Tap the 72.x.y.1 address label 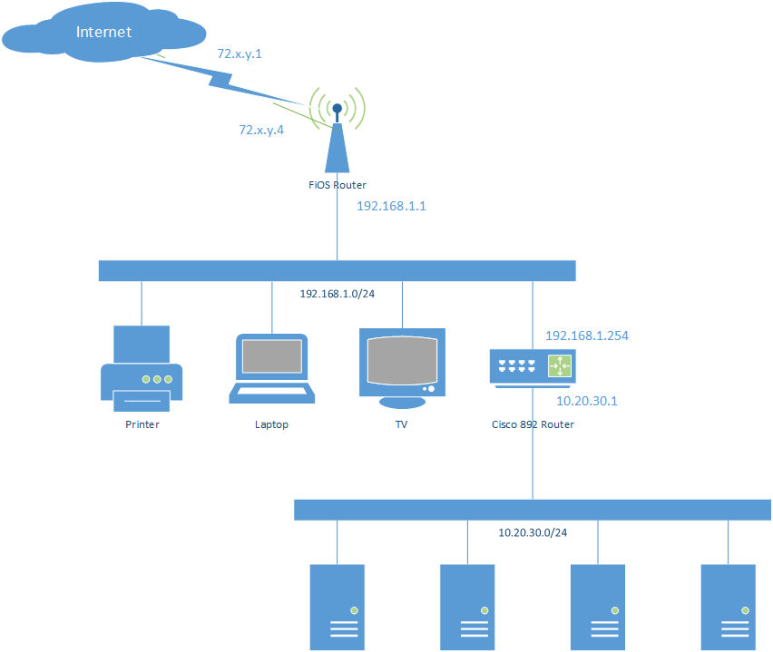240,54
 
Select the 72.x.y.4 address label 261,130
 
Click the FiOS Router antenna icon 338,136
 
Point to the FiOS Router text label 338,185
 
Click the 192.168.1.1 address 391,206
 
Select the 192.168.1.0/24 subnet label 337,294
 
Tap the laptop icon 271,368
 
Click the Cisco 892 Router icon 533,367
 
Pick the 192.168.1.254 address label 587,336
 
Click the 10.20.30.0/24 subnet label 533,532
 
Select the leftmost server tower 338,607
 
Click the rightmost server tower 729,607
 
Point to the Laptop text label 271,424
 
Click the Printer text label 142,424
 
